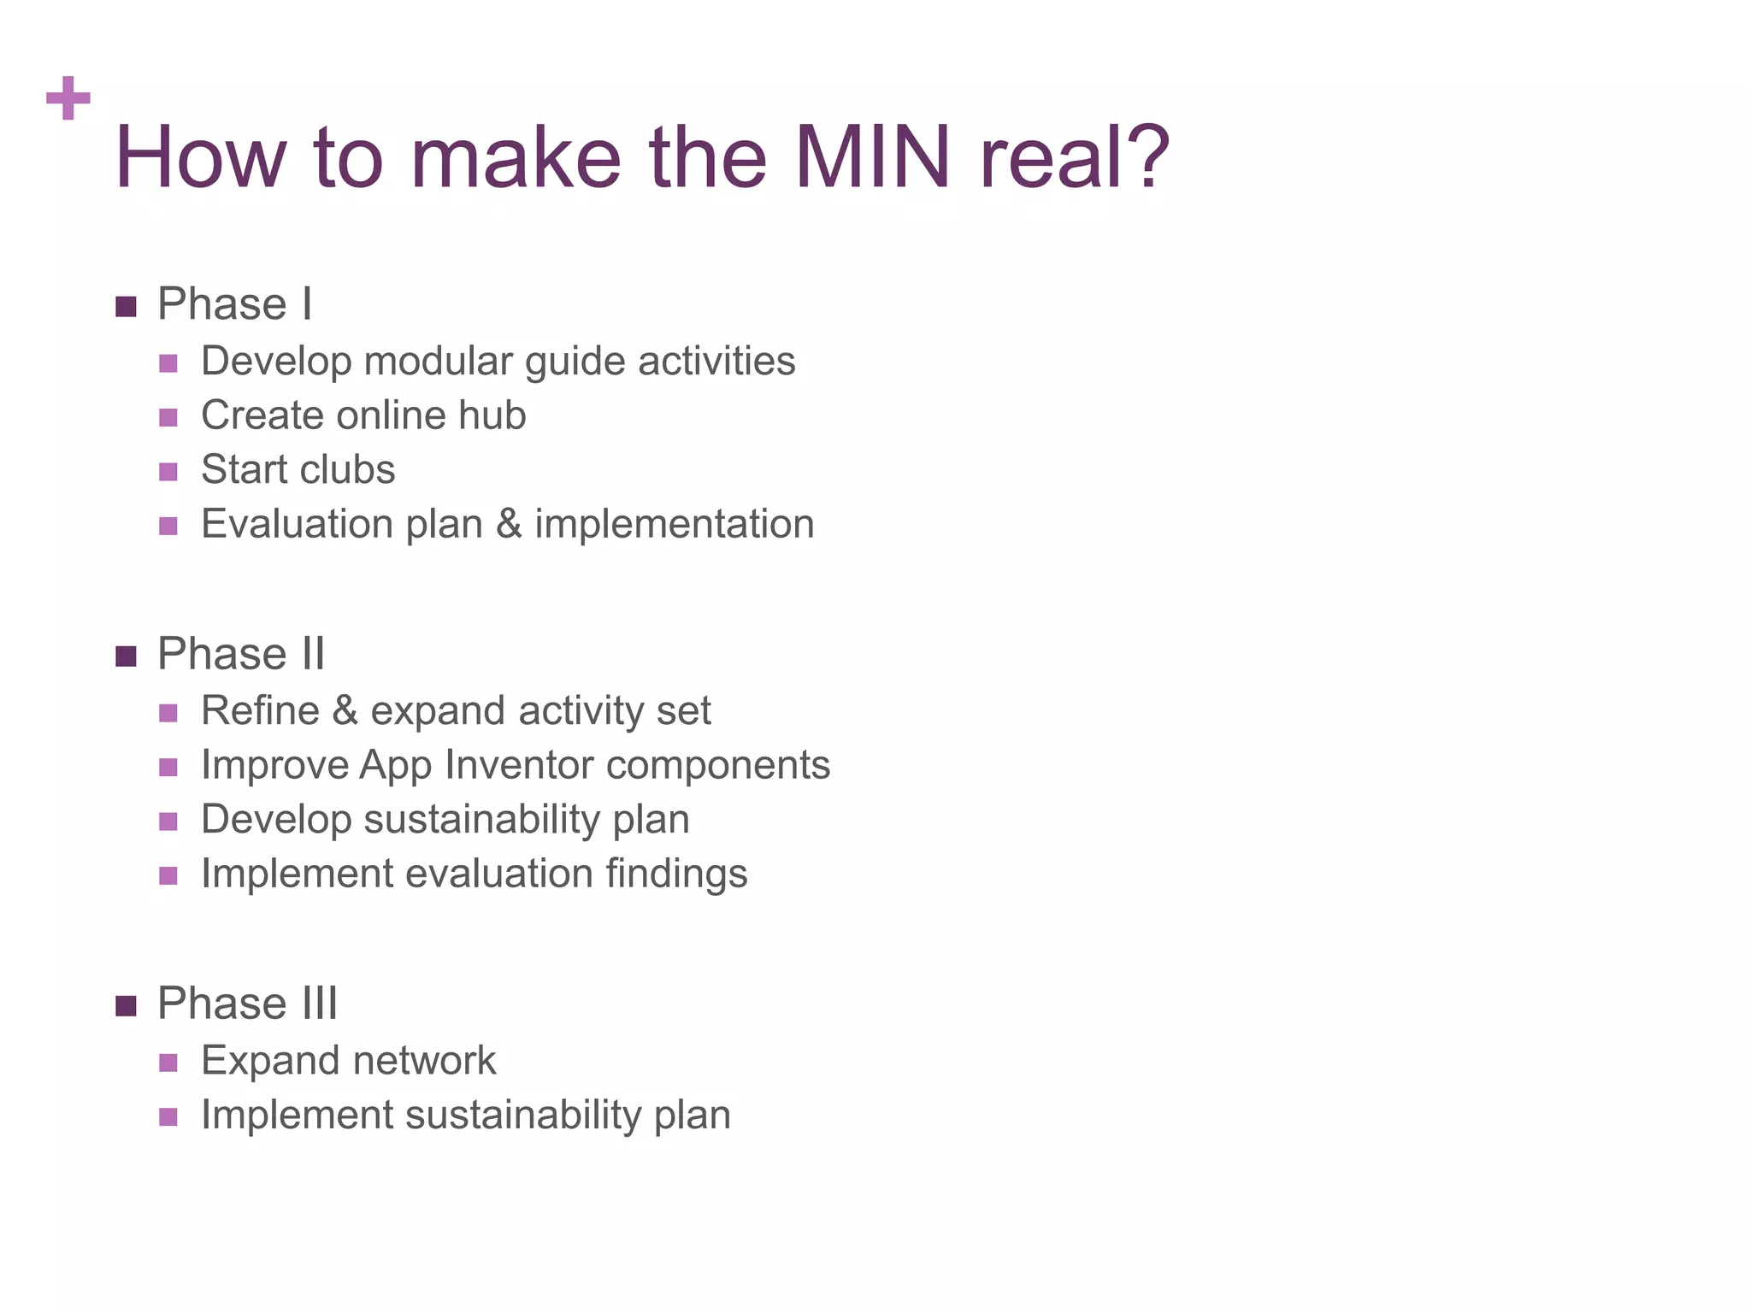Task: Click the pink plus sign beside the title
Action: (68, 97)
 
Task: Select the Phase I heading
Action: (234, 304)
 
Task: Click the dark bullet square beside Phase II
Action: (126, 656)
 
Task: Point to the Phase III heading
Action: (247, 1004)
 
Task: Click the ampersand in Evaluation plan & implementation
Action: (509, 524)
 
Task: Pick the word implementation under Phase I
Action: (675, 524)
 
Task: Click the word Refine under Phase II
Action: (260, 711)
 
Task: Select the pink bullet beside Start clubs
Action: (168, 472)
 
